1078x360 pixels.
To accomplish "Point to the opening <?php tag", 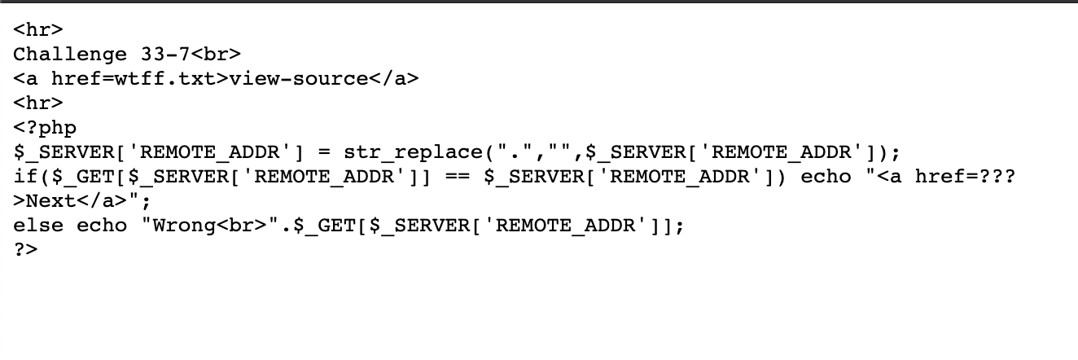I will (x=45, y=128).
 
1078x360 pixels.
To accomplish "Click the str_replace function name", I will (x=414, y=152).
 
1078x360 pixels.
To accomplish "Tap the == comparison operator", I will (x=458, y=177).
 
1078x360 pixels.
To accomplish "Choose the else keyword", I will (x=38, y=226).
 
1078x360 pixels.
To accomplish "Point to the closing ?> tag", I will (x=26, y=250).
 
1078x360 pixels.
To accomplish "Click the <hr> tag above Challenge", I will (x=38, y=30).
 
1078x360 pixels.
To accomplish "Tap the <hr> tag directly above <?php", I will (x=38, y=103).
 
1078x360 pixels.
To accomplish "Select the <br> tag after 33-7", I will (x=217, y=55).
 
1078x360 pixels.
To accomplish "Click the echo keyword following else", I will (x=102, y=226).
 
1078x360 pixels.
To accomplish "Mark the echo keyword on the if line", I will (x=826, y=177).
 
